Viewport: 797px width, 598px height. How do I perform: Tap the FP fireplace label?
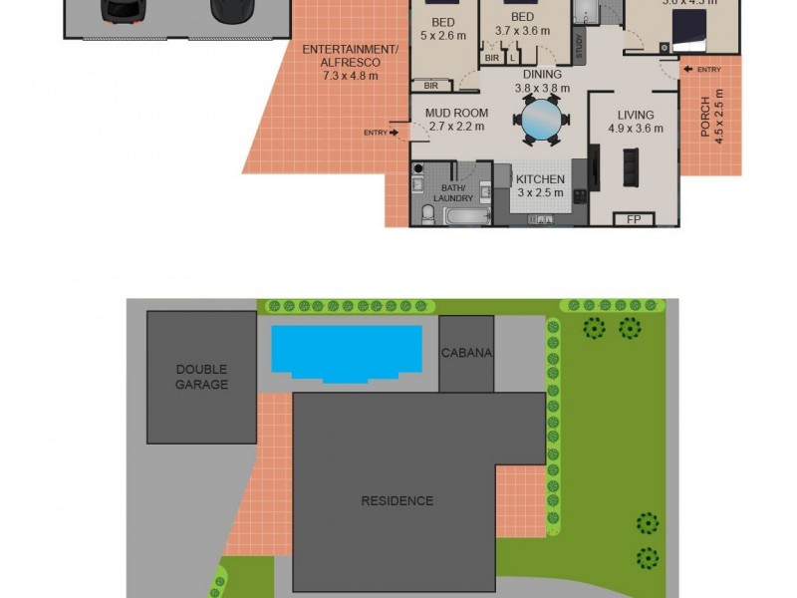[x=633, y=219]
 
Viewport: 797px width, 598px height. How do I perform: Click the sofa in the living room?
[x=630, y=167]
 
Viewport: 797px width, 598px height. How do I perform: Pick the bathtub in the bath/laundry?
[x=466, y=216]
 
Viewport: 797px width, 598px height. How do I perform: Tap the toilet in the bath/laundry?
[x=425, y=213]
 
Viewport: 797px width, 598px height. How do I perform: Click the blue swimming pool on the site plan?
[x=347, y=351]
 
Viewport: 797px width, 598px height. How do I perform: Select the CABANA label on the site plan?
[x=467, y=354]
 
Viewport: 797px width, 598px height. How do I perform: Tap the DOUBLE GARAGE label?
[x=202, y=376]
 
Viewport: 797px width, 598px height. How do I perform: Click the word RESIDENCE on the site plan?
[x=398, y=500]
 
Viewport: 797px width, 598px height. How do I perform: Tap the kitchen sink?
[x=542, y=216]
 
